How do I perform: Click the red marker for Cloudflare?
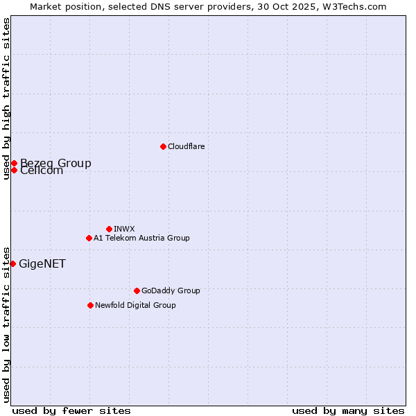(163, 146)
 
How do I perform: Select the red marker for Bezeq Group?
(14, 163)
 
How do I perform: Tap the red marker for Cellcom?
(14, 170)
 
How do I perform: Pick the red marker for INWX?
(109, 229)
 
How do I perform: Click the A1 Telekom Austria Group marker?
(89, 238)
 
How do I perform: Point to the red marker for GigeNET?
(12, 263)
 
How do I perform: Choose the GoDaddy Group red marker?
(137, 291)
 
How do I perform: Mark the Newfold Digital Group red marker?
(90, 305)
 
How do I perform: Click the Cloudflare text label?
(186, 146)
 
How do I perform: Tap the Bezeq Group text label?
(55, 163)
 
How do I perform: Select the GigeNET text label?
(42, 263)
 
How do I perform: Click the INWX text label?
(124, 229)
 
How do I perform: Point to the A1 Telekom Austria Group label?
(141, 238)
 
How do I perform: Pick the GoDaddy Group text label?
(171, 291)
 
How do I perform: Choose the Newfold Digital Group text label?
(135, 305)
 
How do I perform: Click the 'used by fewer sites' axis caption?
(71, 410)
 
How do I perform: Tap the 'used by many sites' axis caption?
(348, 410)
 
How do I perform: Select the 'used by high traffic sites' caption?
(6, 98)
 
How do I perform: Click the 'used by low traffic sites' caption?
(6, 324)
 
